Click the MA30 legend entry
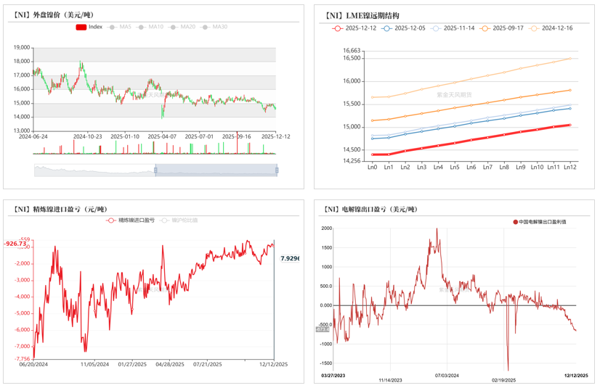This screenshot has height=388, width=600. [x=216, y=27]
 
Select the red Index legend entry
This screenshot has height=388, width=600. [x=89, y=27]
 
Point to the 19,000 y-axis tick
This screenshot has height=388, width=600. [x=22, y=48]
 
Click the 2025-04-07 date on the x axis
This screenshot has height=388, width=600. [x=162, y=136]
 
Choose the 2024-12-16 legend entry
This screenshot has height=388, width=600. [x=551, y=28]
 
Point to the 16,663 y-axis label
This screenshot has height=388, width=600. [x=352, y=51]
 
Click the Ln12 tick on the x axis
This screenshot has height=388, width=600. [x=570, y=168]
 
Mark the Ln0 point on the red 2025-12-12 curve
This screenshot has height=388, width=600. [x=372, y=154]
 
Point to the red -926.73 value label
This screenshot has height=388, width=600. [x=15, y=244]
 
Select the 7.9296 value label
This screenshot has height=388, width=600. [x=290, y=258]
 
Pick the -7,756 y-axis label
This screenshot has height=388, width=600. [x=22, y=359]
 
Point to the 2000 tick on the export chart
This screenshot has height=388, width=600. [x=326, y=228]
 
